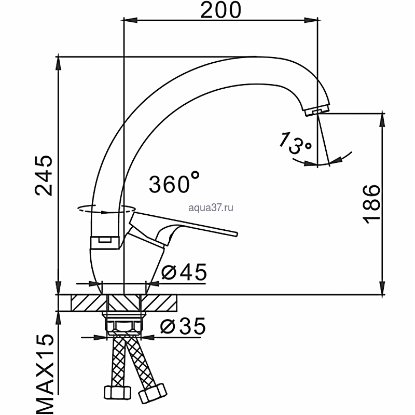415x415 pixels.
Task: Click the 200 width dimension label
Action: tap(221, 10)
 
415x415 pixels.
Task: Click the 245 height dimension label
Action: tap(44, 176)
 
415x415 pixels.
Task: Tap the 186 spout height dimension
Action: tap(371, 204)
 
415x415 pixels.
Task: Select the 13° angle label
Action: tap(295, 143)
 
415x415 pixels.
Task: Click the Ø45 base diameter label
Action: tap(184, 272)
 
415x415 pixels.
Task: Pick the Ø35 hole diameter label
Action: tap(183, 326)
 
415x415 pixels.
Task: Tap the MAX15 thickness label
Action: tap(44, 374)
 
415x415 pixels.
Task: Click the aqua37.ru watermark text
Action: tap(211, 208)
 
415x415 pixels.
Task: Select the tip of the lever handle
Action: tap(237, 234)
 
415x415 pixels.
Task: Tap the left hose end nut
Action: tap(118, 393)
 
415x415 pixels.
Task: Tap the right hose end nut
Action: tap(153, 393)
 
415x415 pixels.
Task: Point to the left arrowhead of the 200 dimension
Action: tap(131, 20)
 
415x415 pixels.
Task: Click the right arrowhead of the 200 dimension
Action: tap(311, 20)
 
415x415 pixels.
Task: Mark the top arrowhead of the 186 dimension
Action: tap(382, 120)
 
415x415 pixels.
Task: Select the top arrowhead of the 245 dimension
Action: tap(59, 63)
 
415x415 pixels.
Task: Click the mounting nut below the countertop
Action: tap(123, 323)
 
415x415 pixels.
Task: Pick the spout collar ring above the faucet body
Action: tap(105, 242)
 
